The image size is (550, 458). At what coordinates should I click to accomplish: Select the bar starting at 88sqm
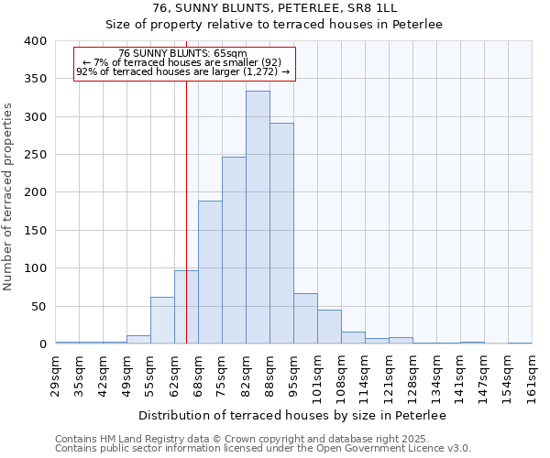pos(281,234)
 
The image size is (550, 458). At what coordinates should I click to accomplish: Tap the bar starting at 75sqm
pos(234,250)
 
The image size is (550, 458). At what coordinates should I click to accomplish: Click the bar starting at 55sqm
pos(162,321)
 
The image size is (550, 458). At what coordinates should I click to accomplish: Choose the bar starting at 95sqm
pos(305,319)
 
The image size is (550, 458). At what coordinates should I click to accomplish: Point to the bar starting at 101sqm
pos(329,327)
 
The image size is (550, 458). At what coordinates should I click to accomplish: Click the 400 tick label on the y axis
pos(35,41)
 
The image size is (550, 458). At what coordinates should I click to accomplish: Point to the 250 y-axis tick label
pos(35,155)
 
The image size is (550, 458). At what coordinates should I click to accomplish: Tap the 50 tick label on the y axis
pos(38,306)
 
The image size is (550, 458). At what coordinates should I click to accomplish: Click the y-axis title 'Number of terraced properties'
pos(9,197)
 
